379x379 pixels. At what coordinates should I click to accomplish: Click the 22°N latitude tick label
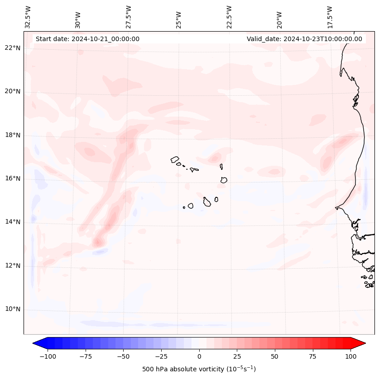(13, 48)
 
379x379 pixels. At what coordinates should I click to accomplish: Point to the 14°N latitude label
(13, 222)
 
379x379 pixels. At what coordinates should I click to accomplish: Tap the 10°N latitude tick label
(13, 309)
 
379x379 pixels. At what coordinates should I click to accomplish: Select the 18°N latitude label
(13, 135)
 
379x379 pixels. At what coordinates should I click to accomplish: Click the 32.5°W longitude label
(28, 16)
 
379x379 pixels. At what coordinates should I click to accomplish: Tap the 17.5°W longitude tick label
(330, 16)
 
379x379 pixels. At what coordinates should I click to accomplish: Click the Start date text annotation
(87, 39)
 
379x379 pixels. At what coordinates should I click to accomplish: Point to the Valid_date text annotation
(304, 39)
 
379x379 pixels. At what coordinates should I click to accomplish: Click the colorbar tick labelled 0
(199, 357)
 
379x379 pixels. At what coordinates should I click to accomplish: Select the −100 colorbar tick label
(48, 357)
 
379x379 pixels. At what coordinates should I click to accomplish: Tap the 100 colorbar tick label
(351, 357)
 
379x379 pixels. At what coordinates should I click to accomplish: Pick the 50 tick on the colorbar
(275, 357)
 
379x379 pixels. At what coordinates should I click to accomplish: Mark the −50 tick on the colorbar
(123, 357)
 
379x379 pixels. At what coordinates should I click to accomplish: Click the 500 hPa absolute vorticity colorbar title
(199, 370)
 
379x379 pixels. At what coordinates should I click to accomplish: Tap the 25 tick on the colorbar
(237, 357)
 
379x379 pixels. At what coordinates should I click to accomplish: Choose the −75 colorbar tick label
(86, 357)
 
